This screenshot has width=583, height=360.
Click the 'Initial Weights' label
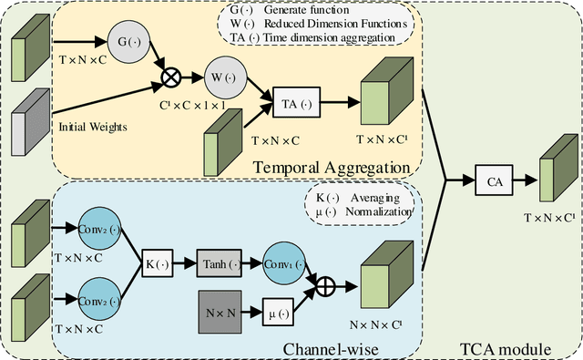(94, 126)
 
